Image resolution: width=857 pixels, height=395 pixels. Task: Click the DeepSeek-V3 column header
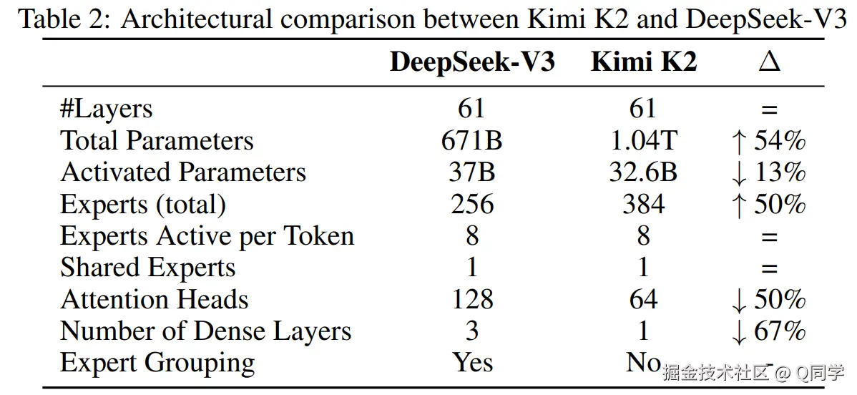pyautogui.click(x=472, y=63)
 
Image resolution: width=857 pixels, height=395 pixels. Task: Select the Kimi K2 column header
pyautogui.click(x=643, y=63)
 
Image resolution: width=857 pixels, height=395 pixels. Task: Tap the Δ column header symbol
pyautogui.click(x=769, y=63)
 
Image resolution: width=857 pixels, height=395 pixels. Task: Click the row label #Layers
pyautogui.click(x=107, y=109)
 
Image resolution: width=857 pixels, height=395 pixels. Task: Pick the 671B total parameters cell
pyautogui.click(x=472, y=141)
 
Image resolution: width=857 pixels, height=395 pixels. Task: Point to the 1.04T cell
pyautogui.click(x=643, y=141)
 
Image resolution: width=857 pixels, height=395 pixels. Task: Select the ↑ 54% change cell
pyautogui.click(x=769, y=141)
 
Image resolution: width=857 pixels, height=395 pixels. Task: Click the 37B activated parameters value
pyautogui.click(x=472, y=172)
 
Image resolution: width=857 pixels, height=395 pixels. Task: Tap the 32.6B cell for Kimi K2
pyautogui.click(x=643, y=172)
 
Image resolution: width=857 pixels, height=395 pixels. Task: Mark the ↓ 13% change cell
pyautogui.click(x=769, y=172)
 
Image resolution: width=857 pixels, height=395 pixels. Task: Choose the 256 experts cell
pyautogui.click(x=472, y=205)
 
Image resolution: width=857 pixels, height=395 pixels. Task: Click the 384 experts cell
pyautogui.click(x=643, y=205)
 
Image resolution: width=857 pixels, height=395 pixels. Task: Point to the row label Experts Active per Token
pyautogui.click(x=207, y=236)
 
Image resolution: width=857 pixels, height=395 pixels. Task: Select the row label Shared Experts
pyautogui.click(x=147, y=268)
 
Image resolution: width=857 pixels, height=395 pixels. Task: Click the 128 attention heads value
pyautogui.click(x=472, y=299)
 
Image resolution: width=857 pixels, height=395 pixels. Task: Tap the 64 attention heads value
pyautogui.click(x=643, y=299)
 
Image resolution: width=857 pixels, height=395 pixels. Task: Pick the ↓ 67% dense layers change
pyautogui.click(x=769, y=331)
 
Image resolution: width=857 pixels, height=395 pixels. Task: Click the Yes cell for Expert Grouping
pyautogui.click(x=472, y=363)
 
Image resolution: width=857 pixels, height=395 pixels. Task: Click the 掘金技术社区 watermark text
pyautogui.click(x=715, y=372)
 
